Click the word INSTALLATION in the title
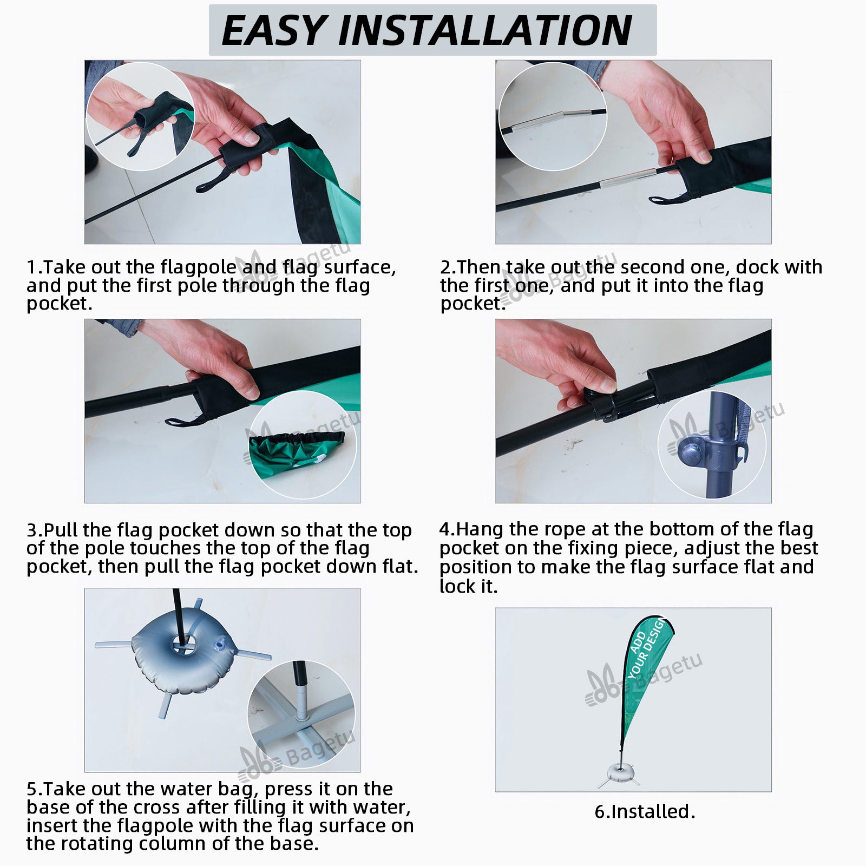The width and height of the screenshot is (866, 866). (x=486, y=31)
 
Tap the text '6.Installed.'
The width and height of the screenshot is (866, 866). (x=645, y=811)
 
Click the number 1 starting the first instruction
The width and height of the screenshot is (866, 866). (x=31, y=267)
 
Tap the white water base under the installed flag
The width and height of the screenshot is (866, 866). (x=618, y=771)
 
